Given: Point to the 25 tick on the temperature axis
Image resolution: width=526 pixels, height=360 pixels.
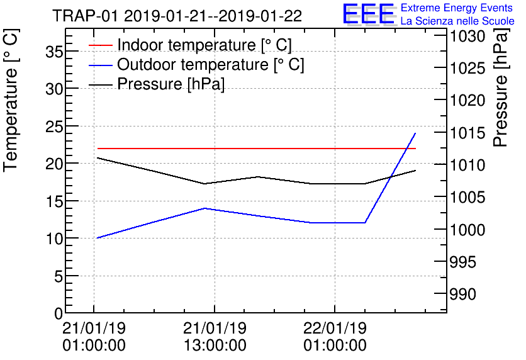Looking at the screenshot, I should (x=55, y=127).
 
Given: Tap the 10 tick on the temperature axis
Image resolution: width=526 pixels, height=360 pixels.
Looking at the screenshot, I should (x=55, y=239).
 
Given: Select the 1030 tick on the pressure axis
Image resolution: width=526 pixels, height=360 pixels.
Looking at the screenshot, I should (x=467, y=36).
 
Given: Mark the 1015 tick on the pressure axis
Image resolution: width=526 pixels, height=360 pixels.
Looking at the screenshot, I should (x=467, y=133).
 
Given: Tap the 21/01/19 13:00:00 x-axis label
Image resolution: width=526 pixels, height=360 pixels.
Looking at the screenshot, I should (x=215, y=337).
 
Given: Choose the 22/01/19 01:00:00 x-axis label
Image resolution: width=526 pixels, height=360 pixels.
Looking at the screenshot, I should (x=334, y=337).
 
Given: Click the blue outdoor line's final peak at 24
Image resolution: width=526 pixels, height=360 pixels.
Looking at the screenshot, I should (x=415, y=133).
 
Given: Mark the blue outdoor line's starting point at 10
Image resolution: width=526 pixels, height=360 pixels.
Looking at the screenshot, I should (x=97, y=238).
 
